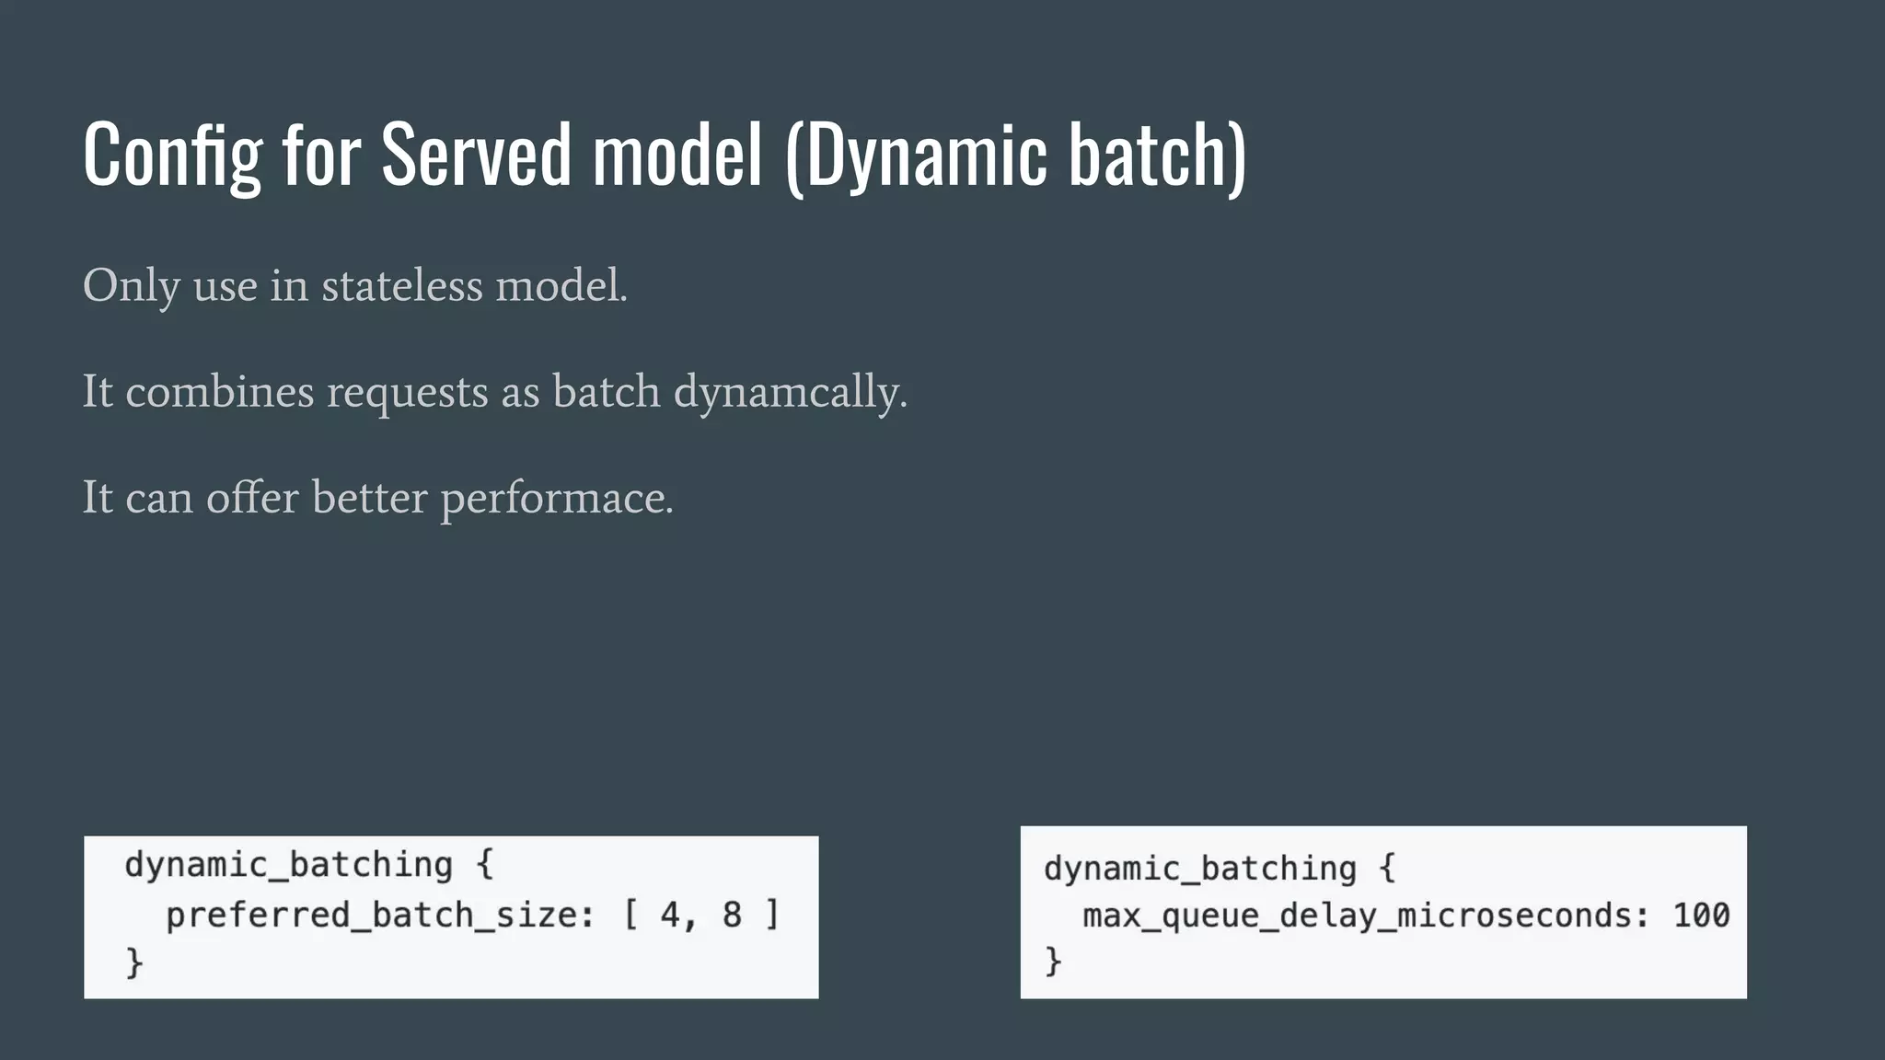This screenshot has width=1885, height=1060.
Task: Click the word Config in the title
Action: click(172, 155)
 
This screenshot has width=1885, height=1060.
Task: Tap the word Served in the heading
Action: click(476, 155)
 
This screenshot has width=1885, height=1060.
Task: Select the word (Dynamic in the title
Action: click(916, 155)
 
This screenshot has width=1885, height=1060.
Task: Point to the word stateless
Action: click(401, 286)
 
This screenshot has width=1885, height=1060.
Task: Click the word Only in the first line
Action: click(131, 286)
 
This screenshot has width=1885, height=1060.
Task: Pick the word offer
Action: click(252, 498)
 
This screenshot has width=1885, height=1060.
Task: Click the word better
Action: click(369, 498)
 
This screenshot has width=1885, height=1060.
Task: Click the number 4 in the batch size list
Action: click(670, 916)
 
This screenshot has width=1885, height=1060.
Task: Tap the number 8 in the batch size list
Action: click(732, 916)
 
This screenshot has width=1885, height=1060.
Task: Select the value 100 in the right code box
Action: click(1701, 916)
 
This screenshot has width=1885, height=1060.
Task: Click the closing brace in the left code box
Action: click(134, 963)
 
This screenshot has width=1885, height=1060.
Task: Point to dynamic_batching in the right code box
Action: click(1199, 869)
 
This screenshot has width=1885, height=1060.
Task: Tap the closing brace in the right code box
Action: click(1053, 962)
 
